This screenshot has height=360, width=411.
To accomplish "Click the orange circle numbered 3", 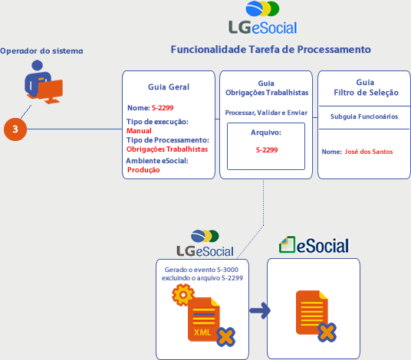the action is click(15, 129).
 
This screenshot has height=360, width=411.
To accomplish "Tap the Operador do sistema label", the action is click(41, 51).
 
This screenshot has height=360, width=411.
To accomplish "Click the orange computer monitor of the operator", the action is click(50, 91).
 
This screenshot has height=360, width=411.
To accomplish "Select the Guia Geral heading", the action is click(169, 87).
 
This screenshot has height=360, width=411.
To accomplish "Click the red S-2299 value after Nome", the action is click(163, 108).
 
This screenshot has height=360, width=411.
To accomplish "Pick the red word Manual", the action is click(139, 131).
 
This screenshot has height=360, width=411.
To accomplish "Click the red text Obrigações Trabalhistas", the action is click(167, 149).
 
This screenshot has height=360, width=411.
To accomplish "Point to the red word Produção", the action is click(143, 170).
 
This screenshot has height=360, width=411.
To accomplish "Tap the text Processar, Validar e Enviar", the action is click(266, 113).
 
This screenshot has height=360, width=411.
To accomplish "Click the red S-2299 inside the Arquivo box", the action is click(267, 150).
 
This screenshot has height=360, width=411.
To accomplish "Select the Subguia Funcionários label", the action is click(364, 116).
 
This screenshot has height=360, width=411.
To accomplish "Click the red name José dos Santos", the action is click(369, 152).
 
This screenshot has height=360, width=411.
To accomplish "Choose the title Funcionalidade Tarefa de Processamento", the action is click(271, 50).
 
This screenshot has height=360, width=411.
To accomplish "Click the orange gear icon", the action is click(183, 295).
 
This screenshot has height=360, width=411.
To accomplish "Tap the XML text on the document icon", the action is click(202, 332).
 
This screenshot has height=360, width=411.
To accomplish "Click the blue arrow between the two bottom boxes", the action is click(260, 311).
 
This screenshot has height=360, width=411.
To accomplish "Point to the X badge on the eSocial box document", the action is click(327, 332).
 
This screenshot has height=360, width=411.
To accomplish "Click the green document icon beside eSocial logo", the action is click(288, 244).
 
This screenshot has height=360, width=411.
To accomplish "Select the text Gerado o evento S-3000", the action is click(202, 270).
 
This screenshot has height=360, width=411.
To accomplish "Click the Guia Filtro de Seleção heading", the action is click(366, 87).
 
